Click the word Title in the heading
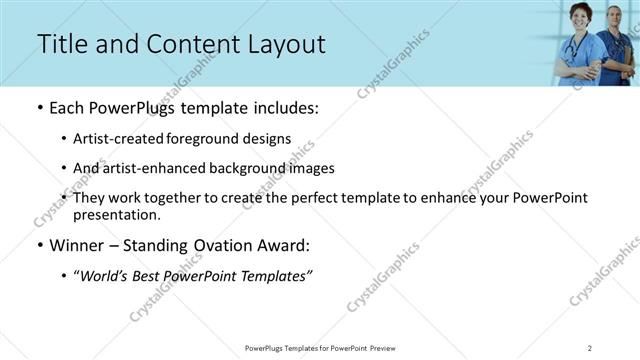pyautogui.click(x=61, y=45)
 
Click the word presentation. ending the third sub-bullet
pyautogui.click(x=116, y=214)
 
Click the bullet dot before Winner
pyautogui.click(x=40, y=246)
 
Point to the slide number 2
pyautogui.click(x=590, y=347)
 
